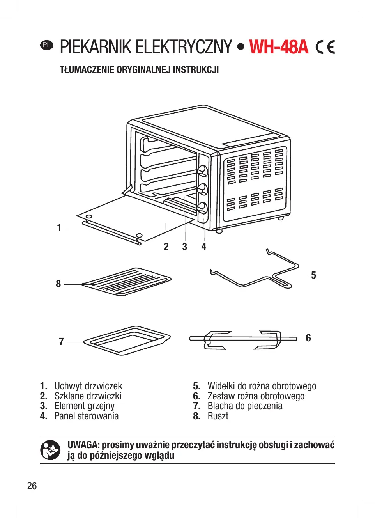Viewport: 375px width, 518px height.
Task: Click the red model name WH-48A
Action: point(279,47)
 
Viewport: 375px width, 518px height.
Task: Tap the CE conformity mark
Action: point(325,47)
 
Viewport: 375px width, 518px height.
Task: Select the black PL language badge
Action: point(46,45)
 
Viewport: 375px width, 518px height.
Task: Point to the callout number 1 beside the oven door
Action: point(59,227)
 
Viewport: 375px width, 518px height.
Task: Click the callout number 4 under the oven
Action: point(203,247)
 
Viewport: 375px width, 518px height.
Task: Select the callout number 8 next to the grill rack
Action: point(58,284)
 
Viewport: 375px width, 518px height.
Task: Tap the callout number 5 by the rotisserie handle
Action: point(313,275)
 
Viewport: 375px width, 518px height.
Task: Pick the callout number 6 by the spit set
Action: point(308,338)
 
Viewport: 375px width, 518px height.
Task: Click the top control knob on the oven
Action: point(202,170)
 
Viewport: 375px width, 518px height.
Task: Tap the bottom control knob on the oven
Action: point(202,207)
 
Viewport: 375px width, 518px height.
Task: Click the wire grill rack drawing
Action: point(126,282)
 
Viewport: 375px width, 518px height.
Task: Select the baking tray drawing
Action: point(127,341)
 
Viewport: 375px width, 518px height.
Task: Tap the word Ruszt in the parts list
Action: point(218,416)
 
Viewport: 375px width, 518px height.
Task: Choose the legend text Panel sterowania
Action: point(87,416)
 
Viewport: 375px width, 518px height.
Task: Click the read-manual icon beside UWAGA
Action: point(50,450)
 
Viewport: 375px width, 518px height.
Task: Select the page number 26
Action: point(32,486)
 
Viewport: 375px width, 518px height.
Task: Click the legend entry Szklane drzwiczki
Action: point(88,396)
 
